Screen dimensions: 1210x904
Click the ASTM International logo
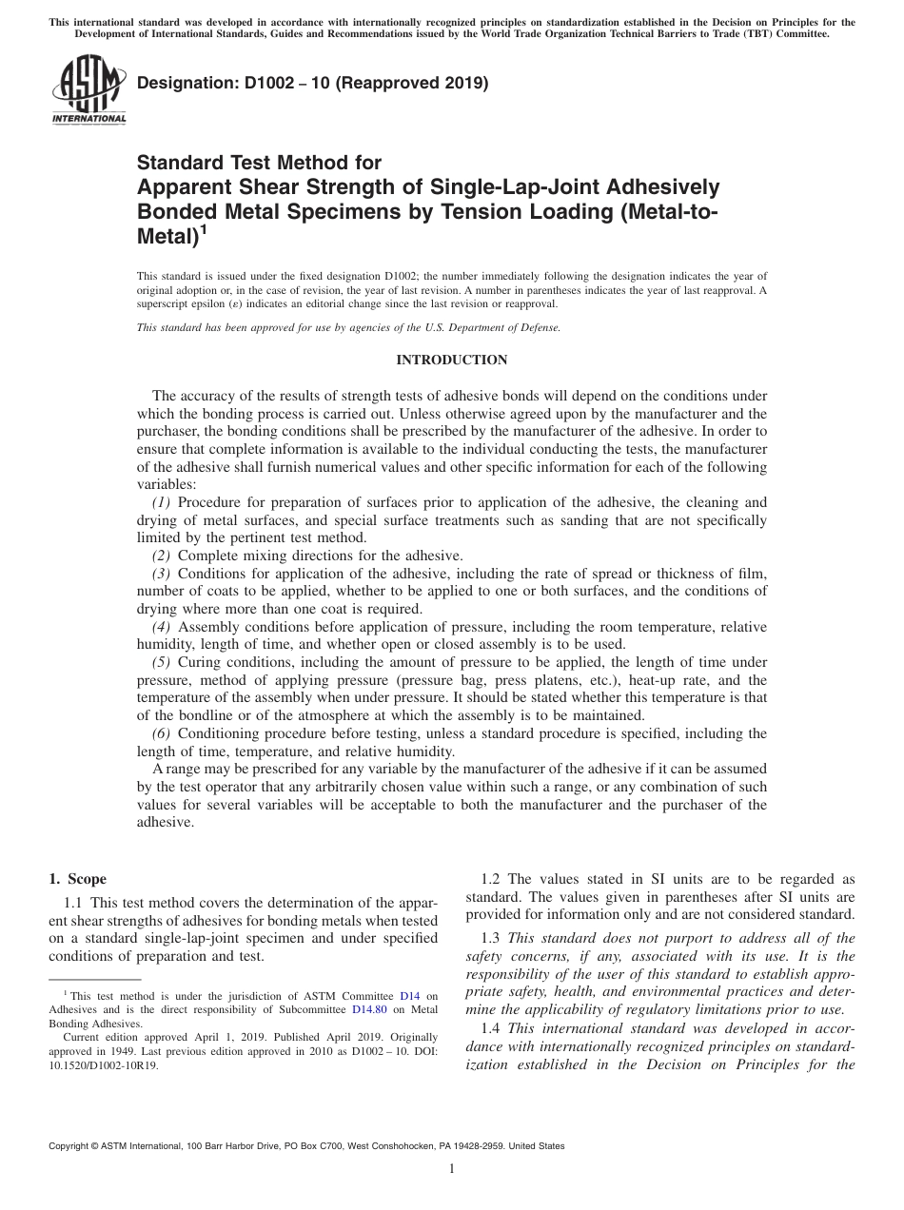tap(88, 92)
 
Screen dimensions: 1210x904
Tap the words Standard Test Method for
tap(260, 163)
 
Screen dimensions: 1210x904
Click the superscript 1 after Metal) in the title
tap(203, 229)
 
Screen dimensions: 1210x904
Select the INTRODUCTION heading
tap(451, 360)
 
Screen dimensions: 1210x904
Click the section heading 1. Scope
tap(78, 879)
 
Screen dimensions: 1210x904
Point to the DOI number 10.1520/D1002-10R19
tap(104, 1066)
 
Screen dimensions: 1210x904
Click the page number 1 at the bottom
tap(452, 1170)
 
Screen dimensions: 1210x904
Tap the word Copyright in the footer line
tap(69, 1146)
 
